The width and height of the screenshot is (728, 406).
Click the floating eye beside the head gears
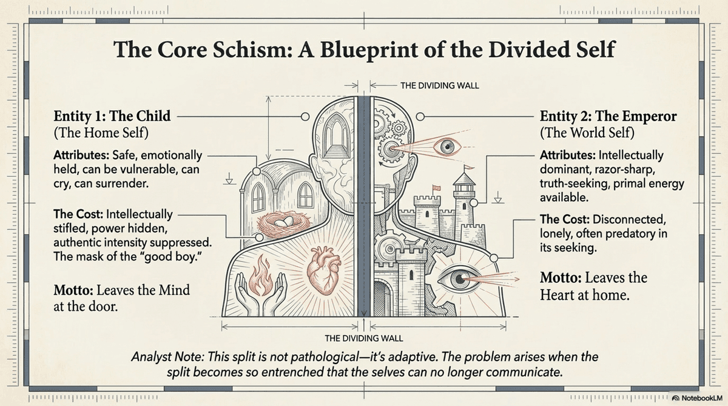(448, 147)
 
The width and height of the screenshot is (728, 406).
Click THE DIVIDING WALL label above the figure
(439, 86)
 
